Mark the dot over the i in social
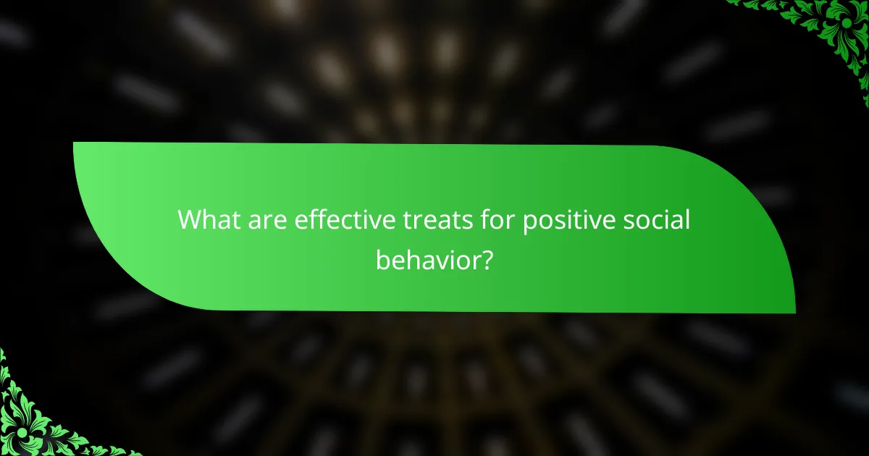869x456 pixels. coord(668,210)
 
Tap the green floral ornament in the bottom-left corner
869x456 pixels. coord(36,420)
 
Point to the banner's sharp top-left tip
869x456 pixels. coord(75,143)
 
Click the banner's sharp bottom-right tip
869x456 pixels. coord(794,312)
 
